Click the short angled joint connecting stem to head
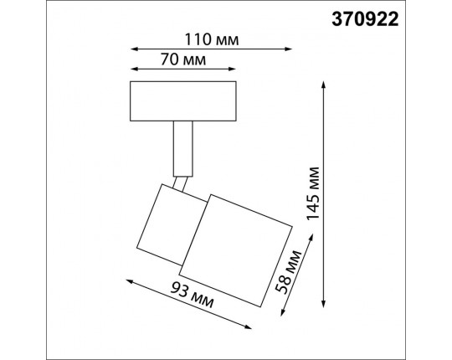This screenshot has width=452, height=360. [x=181, y=183]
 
